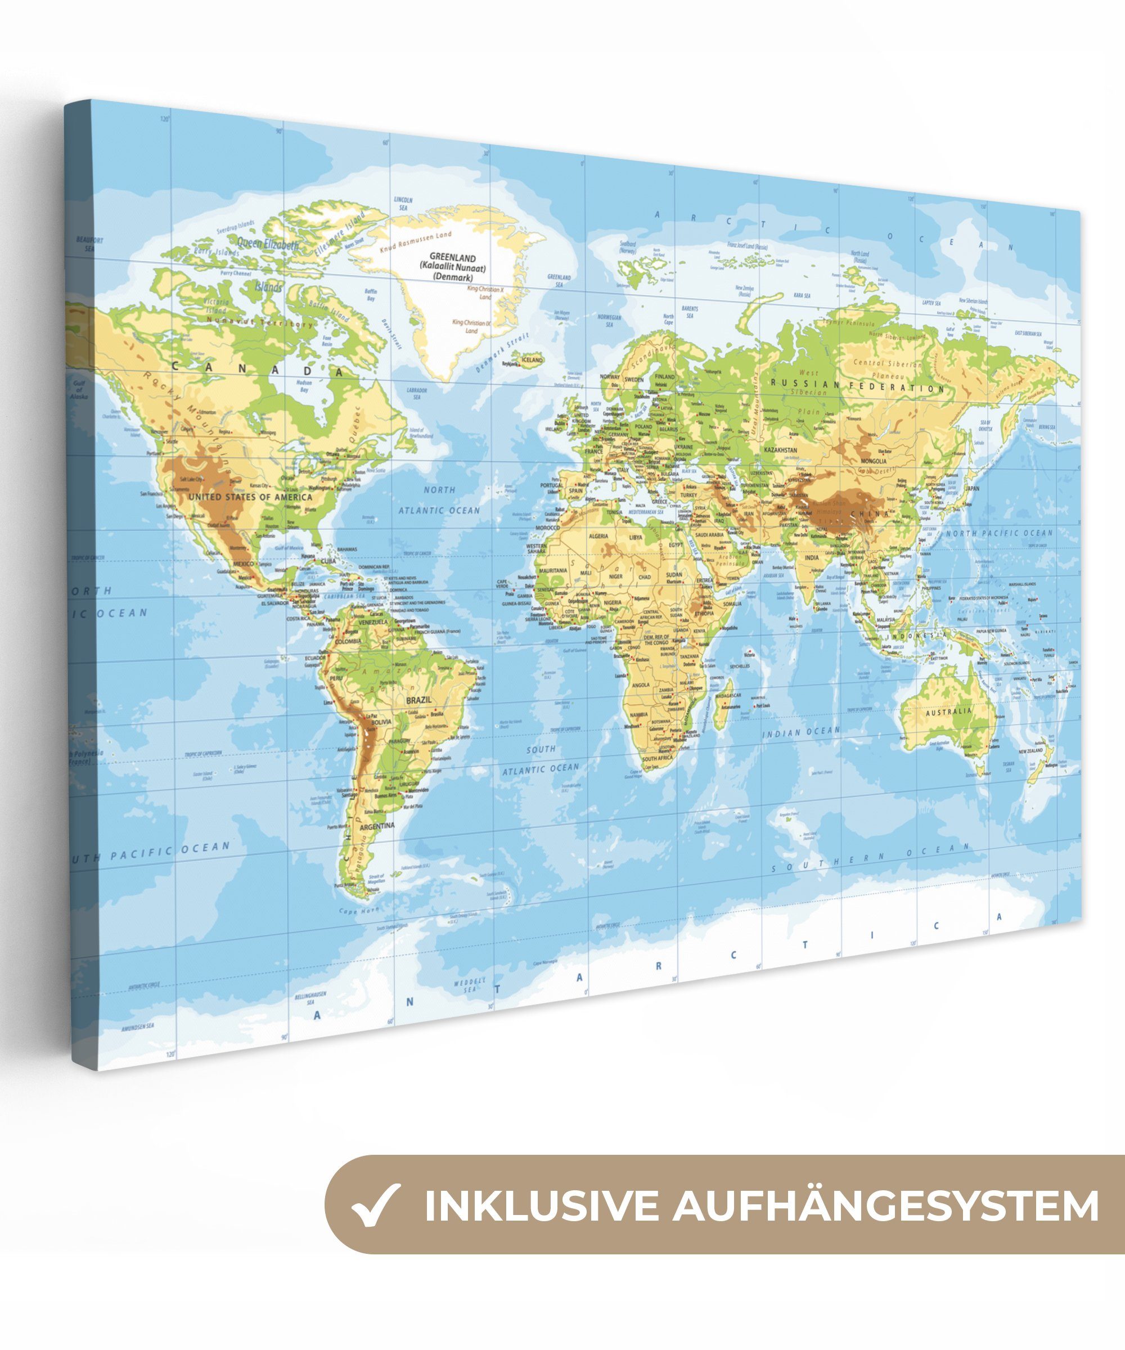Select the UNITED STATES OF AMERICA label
250,497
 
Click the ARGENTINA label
377,826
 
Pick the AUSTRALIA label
949,712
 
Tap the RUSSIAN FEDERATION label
858,386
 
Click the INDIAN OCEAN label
801,732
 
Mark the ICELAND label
532,360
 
